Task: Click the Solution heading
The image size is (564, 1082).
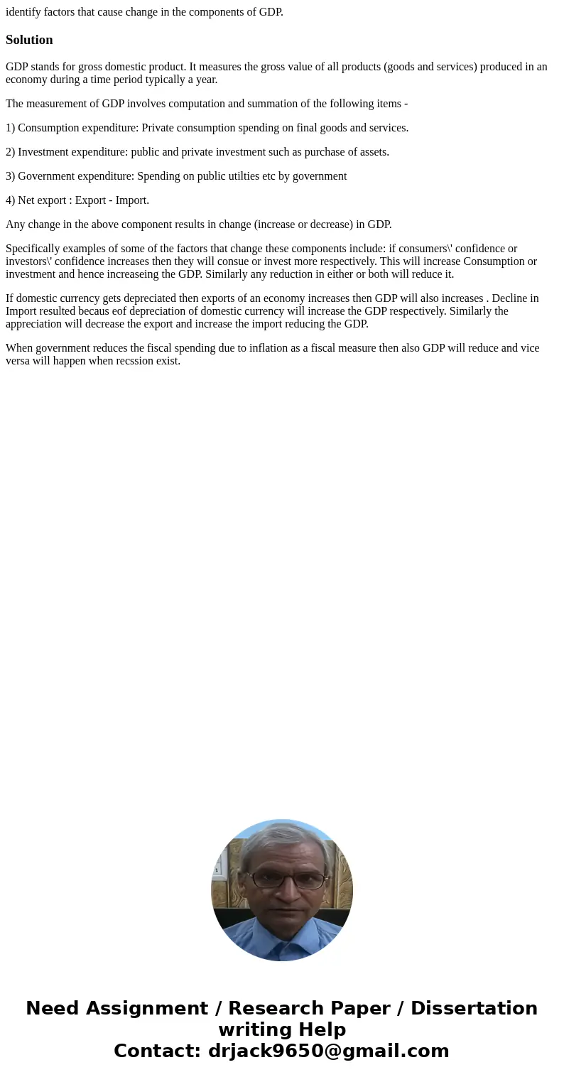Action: click(29, 40)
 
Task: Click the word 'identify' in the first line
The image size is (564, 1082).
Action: click(21, 11)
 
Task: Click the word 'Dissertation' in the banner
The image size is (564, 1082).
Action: click(474, 1008)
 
